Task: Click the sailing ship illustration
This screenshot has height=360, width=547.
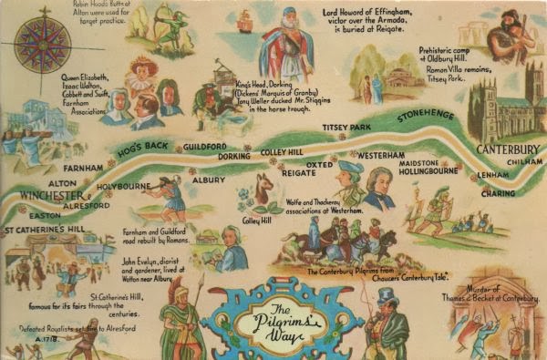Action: [x=243, y=23]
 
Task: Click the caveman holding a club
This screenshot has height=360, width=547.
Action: [x=506, y=35]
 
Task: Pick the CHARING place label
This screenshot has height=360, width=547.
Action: [x=498, y=193]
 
